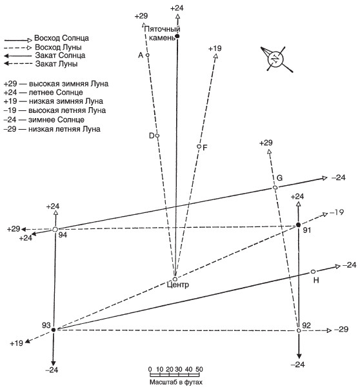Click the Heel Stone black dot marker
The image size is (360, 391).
tap(177, 36)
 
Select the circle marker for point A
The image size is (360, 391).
tap(147, 55)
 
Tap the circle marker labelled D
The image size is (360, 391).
tap(157, 135)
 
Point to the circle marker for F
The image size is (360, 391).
tap(199, 146)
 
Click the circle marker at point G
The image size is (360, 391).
tap(275, 187)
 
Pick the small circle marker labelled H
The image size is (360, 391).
tap(313, 272)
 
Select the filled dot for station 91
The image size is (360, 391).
tap(298, 225)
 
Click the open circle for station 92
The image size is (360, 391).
tap(299, 330)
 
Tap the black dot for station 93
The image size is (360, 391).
tap(54, 330)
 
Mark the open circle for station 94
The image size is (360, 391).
tap(55, 230)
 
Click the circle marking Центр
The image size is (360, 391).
tap(175, 279)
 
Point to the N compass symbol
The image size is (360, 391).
tap(275, 59)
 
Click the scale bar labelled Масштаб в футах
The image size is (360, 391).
tap(175, 375)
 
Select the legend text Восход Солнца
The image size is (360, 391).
tap(61, 38)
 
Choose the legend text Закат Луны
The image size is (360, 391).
tap(56, 64)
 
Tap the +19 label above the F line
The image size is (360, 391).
tap(215, 48)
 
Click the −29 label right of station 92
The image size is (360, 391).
tap(341, 330)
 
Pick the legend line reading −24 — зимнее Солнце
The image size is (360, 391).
tap(44, 120)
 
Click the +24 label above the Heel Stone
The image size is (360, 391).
tap(177, 8)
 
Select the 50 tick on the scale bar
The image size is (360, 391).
tap(199, 369)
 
